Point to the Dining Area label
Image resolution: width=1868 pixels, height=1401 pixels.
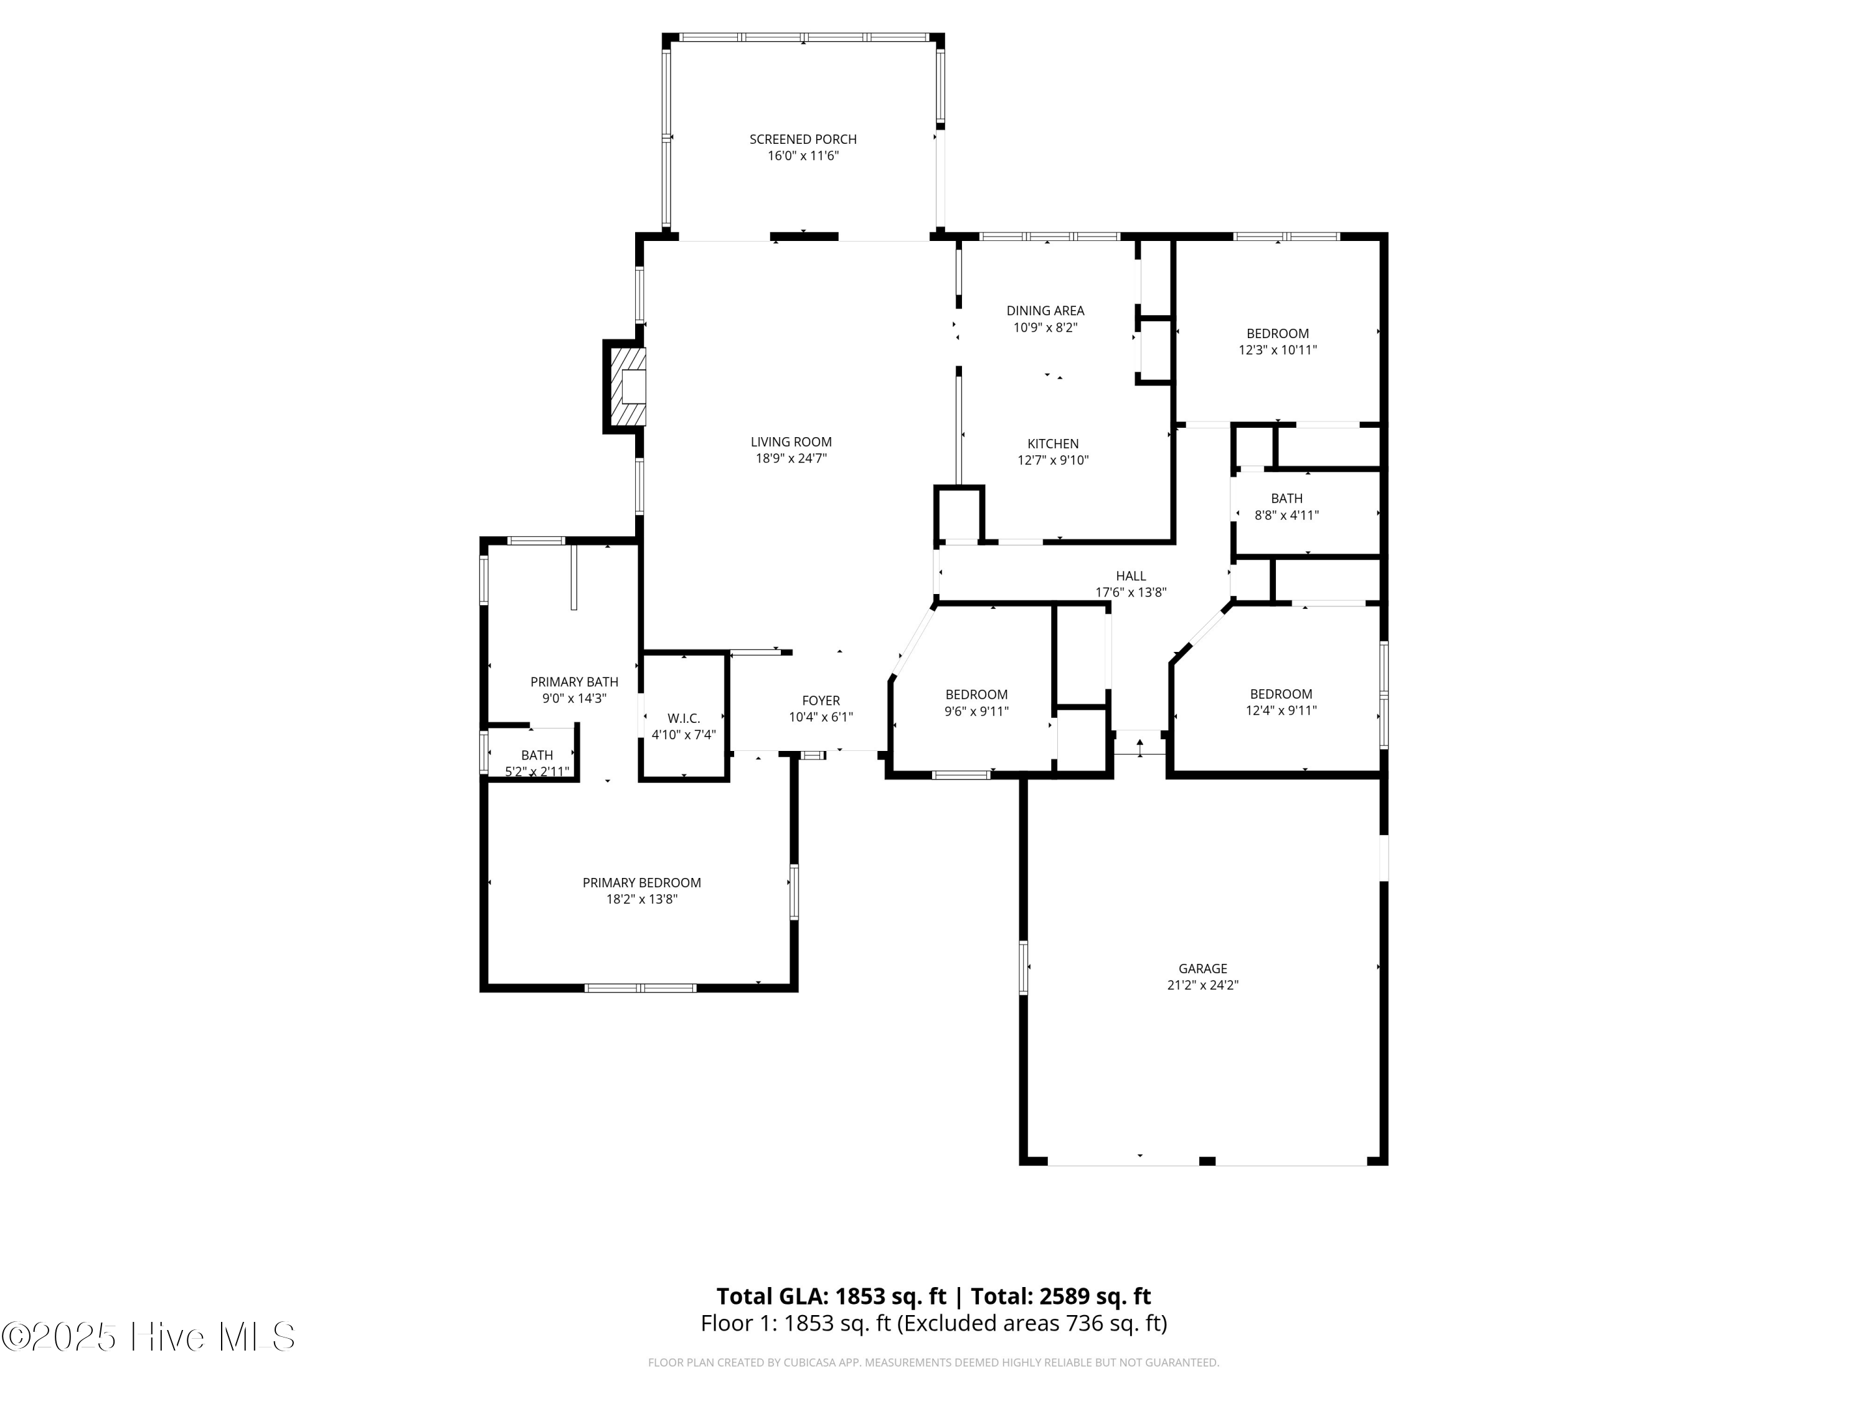[1045, 311]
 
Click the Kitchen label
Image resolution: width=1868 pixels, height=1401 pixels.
[1052, 443]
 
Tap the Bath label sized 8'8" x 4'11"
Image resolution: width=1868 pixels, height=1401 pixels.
[1286, 498]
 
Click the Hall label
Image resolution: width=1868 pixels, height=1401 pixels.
[1131, 576]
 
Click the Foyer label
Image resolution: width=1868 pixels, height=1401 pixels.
[820, 700]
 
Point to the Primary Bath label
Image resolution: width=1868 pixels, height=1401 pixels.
[573, 681]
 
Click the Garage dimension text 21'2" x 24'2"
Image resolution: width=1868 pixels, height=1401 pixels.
[1202, 984]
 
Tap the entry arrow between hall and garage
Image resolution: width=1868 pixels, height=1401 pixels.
[1140, 747]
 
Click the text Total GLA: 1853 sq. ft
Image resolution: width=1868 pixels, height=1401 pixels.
[831, 1296]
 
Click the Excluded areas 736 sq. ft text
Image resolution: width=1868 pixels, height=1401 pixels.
[1031, 1323]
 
